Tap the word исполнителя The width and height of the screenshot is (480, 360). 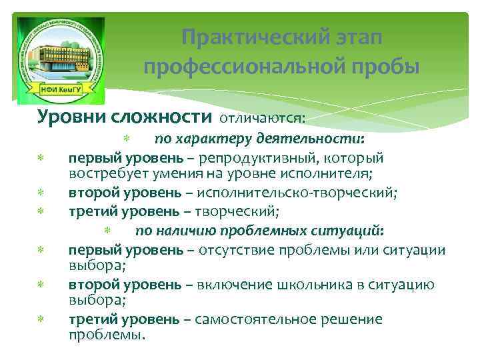[318, 175]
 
